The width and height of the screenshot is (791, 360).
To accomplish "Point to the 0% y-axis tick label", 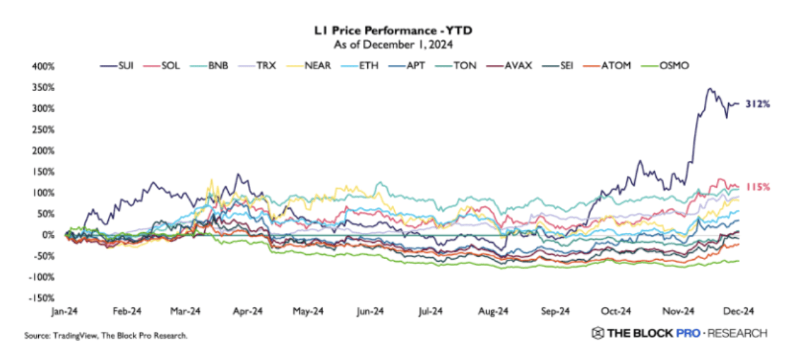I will tap(47, 235).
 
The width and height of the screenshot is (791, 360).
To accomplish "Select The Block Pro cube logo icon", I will tap(597, 333).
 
